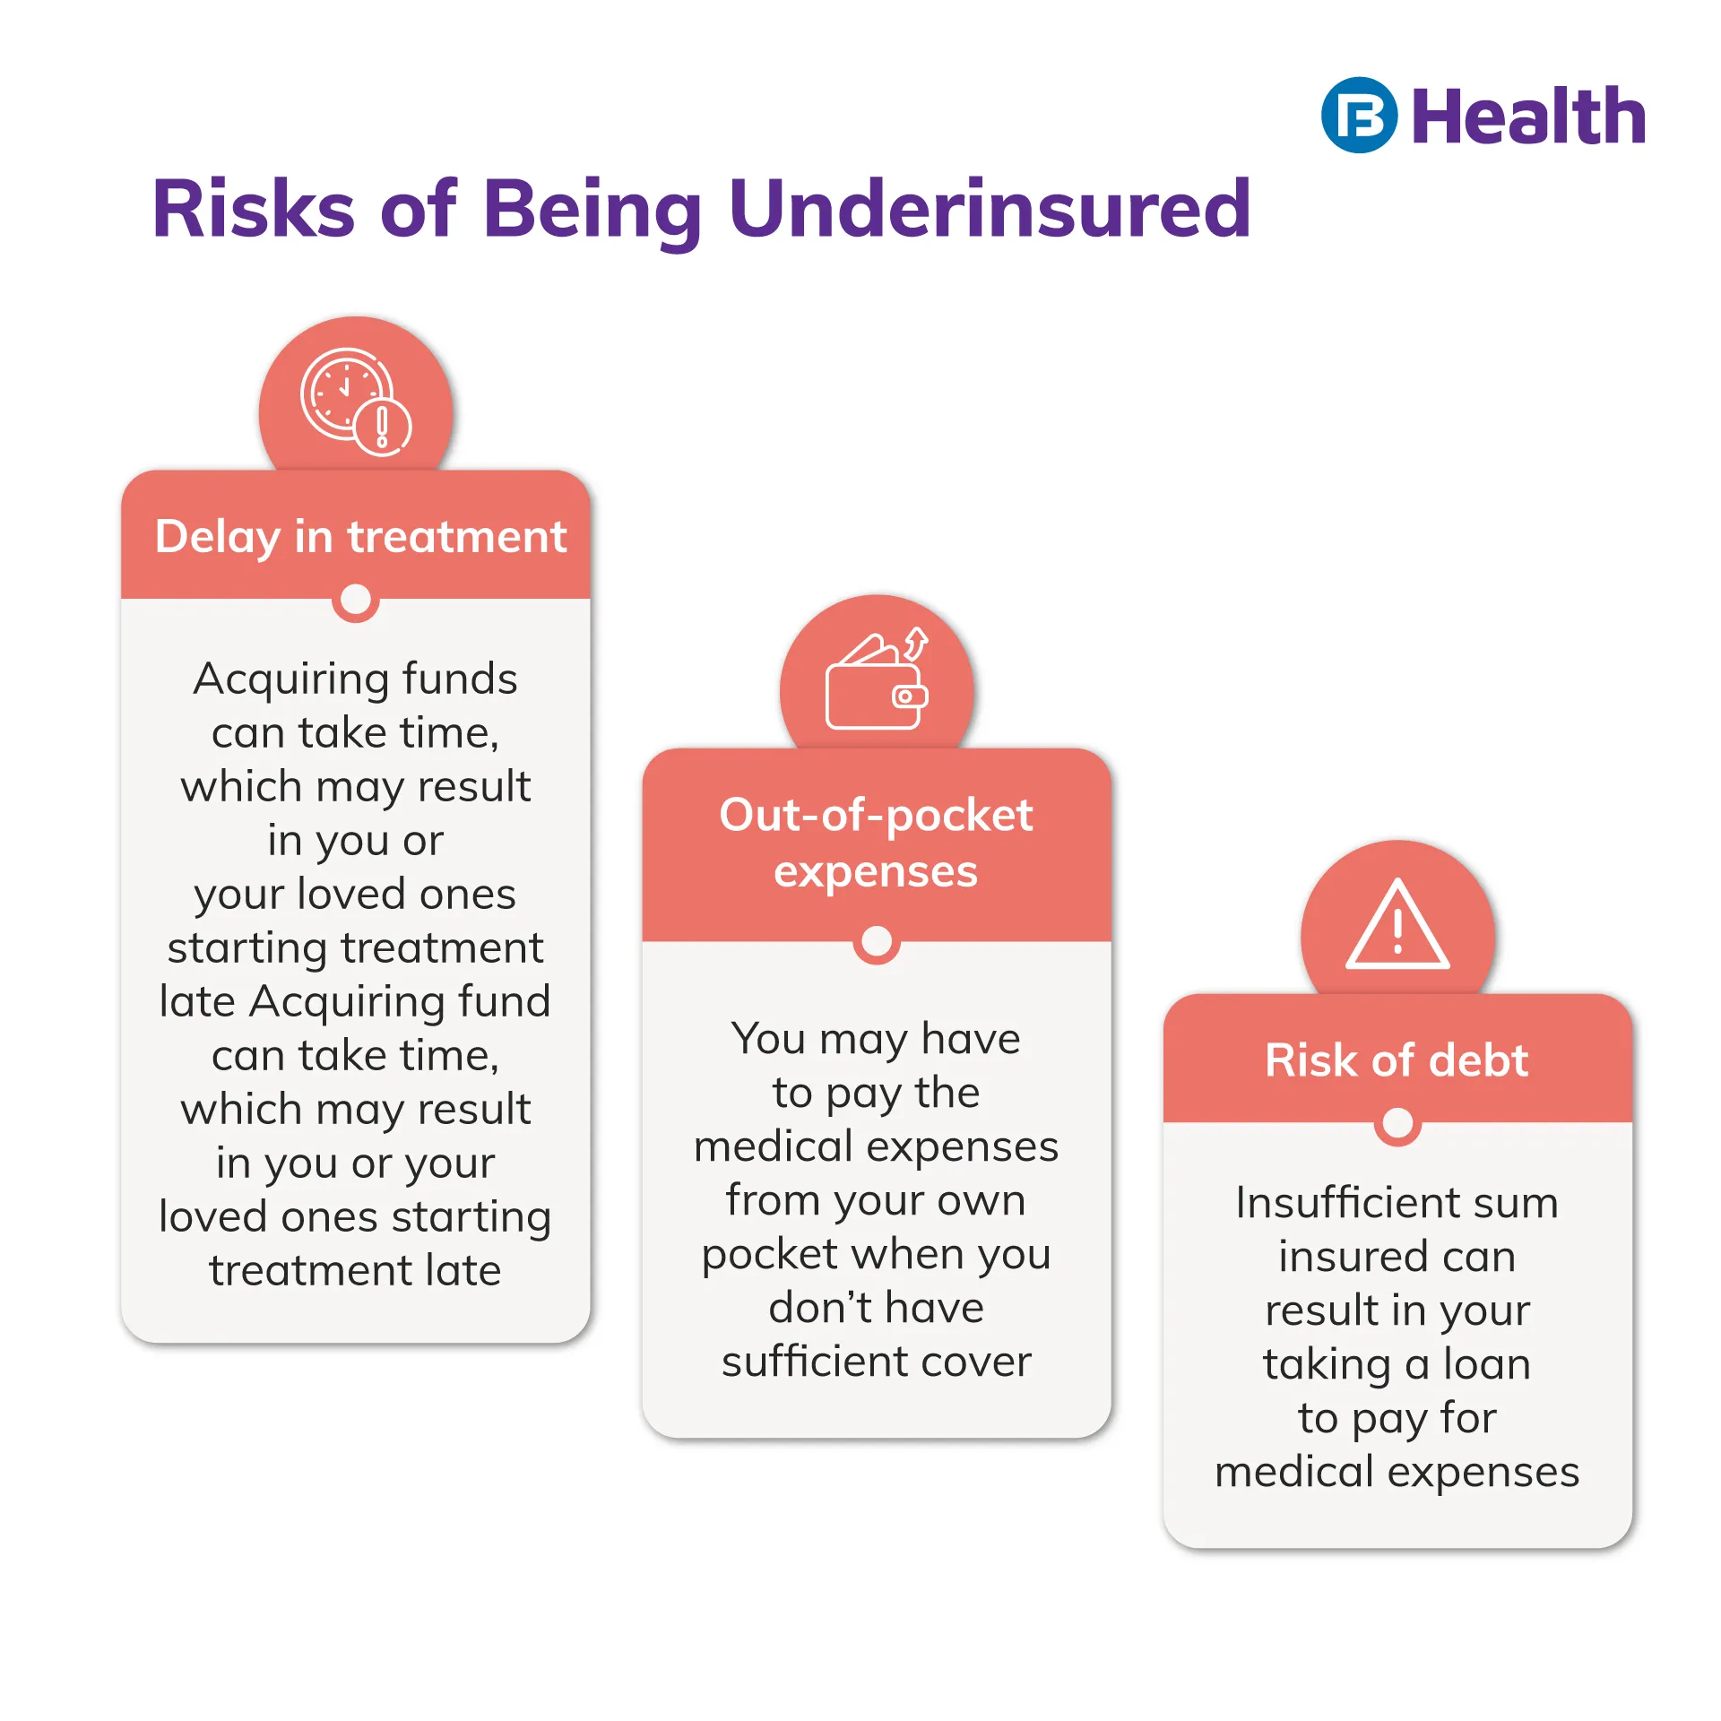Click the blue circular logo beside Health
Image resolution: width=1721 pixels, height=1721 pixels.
tap(1359, 115)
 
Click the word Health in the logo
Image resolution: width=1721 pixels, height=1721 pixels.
tap(1529, 117)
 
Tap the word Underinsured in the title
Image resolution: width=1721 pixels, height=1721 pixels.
tap(990, 209)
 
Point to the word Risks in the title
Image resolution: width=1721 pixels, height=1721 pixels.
tap(254, 209)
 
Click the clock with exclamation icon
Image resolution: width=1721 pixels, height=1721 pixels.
tap(356, 402)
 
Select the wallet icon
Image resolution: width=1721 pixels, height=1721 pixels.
tap(877, 680)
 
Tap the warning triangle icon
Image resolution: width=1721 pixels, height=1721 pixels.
tap(1397, 925)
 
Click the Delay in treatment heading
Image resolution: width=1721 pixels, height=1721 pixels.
tap(360, 537)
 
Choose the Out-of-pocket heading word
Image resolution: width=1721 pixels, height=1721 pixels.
tap(876, 816)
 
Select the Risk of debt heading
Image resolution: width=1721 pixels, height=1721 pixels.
tap(1397, 1060)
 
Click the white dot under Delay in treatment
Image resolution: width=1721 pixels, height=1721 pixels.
tap(356, 599)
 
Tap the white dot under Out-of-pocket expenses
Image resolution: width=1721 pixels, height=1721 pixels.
tap(877, 941)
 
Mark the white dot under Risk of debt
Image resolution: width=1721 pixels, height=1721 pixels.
tap(1397, 1122)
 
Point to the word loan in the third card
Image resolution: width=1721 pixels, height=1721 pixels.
tap(1486, 1363)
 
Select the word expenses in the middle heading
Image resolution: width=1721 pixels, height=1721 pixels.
tap(876, 872)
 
